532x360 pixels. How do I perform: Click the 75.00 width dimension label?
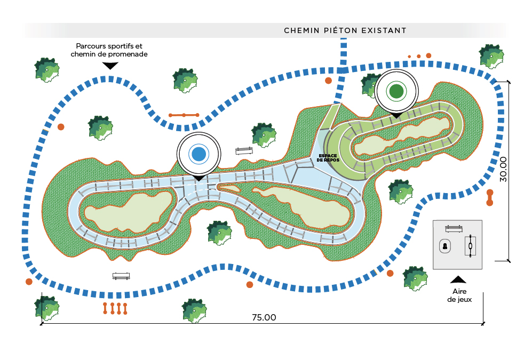[x=264, y=317]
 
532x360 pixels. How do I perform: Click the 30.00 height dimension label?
[x=503, y=169]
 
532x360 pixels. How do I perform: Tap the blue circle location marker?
[x=199, y=154]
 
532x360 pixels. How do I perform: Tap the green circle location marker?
[x=396, y=91]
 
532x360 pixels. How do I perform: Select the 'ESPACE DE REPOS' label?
[x=328, y=158]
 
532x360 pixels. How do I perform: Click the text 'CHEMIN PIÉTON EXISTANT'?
[x=345, y=30]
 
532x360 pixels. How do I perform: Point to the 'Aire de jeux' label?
[x=459, y=295]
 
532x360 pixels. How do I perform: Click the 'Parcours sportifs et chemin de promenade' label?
[x=109, y=50]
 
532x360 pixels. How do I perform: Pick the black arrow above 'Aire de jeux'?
[x=458, y=279]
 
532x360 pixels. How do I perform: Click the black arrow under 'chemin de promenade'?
[x=110, y=66]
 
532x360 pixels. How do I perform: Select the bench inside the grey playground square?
[x=454, y=229]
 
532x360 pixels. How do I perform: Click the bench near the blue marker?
[x=244, y=151]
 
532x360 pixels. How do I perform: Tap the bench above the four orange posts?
[x=121, y=276]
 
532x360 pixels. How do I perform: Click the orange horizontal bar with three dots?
[x=184, y=115]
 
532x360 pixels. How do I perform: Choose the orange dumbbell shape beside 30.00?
[x=490, y=198]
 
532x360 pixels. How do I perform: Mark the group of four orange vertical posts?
[x=115, y=308]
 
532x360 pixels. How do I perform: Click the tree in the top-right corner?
[x=491, y=57]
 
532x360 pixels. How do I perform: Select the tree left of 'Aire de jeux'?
[x=416, y=278]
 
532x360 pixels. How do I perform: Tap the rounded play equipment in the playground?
[x=445, y=246]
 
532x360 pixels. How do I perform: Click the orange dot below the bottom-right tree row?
[x=390, y=273]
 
